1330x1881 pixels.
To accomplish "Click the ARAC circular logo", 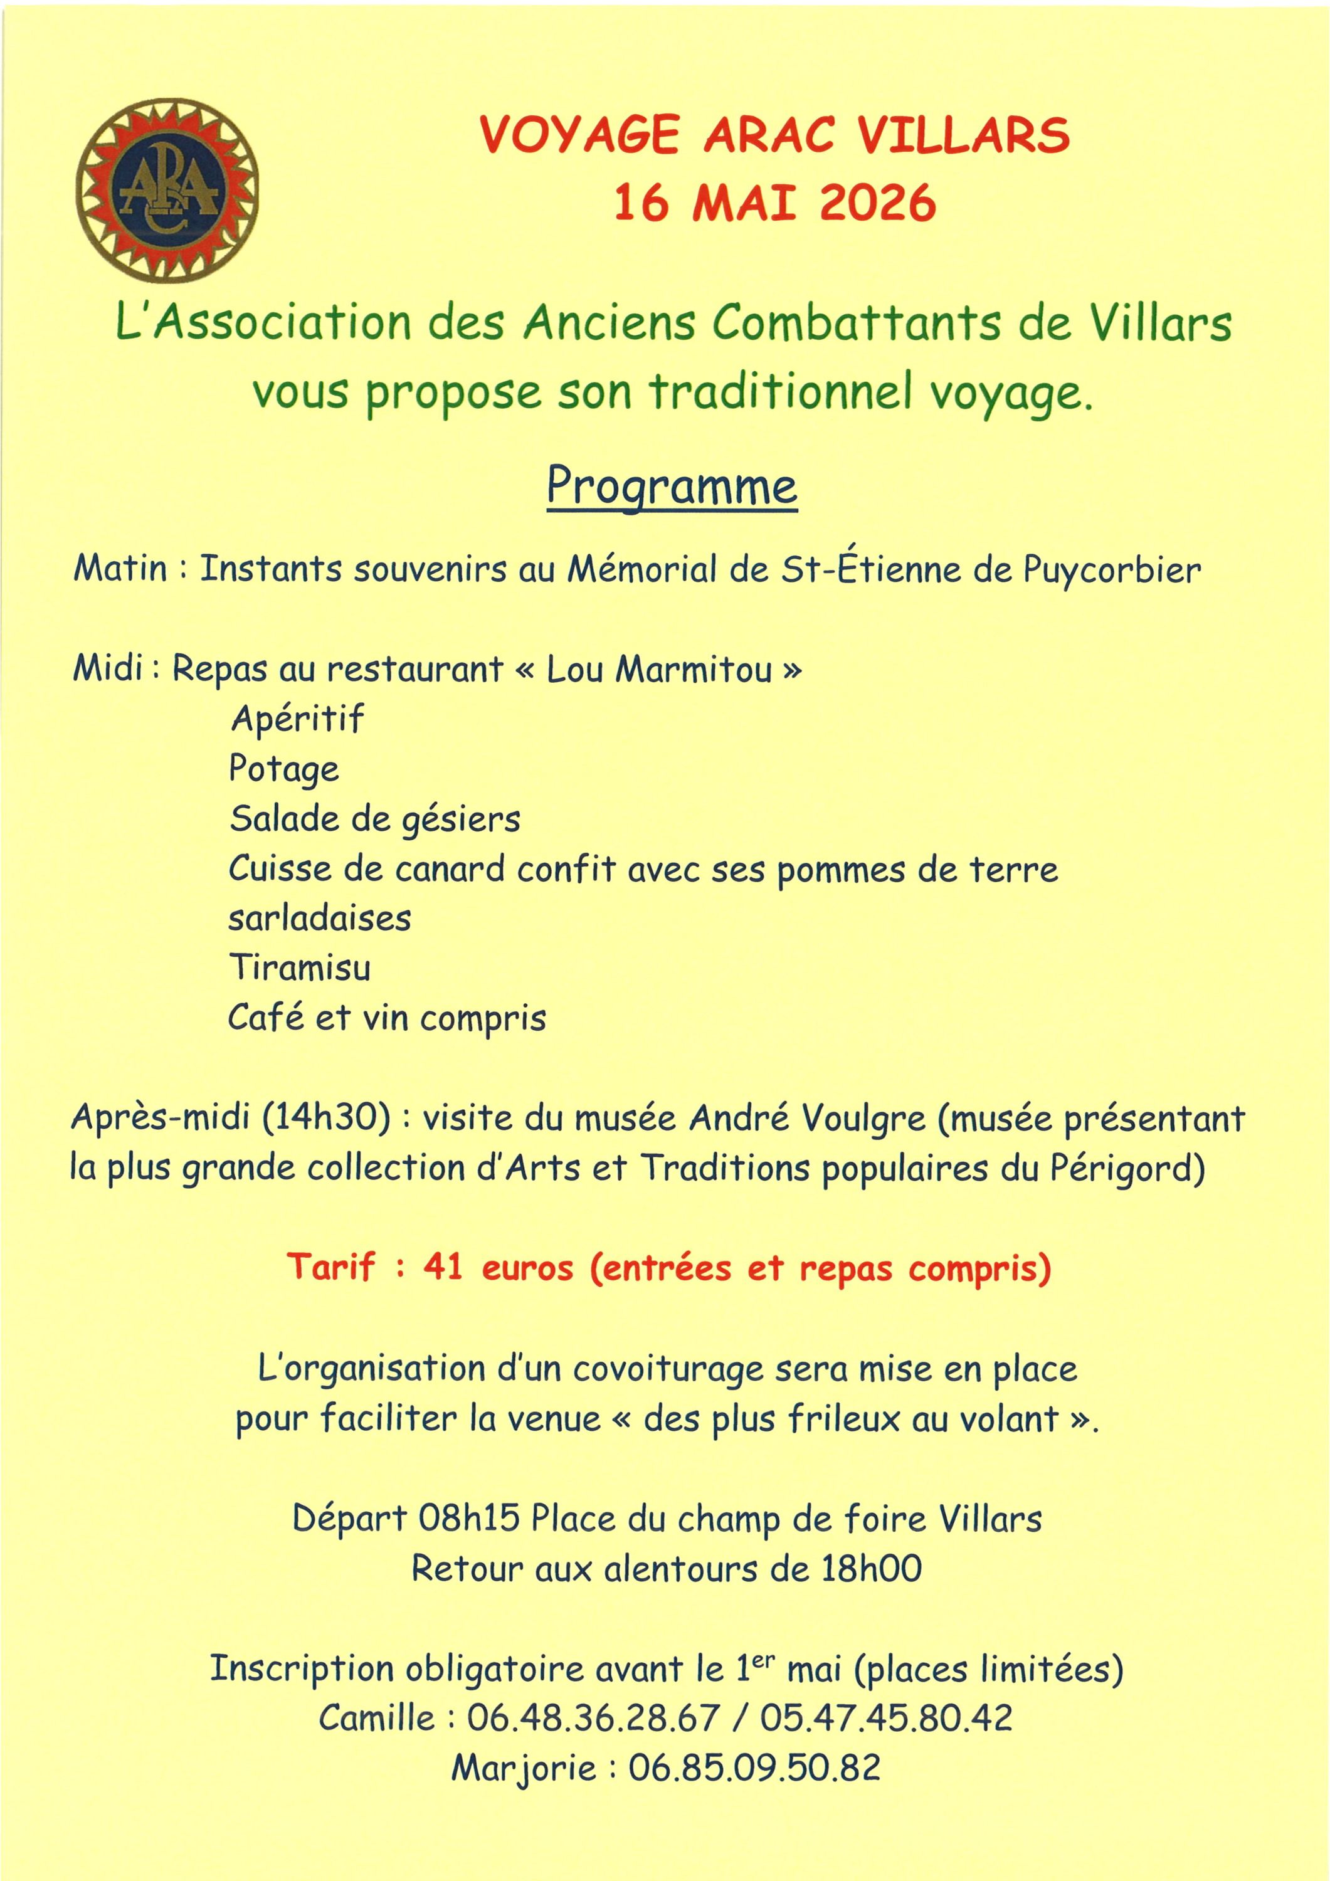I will tap(167, 190).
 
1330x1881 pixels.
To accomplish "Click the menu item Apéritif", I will tap(297, 719).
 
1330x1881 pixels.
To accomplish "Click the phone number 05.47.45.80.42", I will tap(886, 1718).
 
